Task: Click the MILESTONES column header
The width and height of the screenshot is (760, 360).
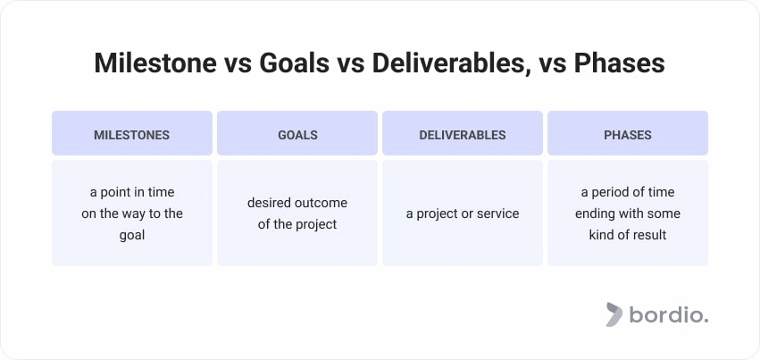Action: tap(131, 135)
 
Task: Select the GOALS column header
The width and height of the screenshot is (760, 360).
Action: tap(297, 135)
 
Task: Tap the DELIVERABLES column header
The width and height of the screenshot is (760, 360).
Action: tap(463, 135)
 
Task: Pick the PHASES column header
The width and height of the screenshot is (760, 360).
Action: tap(628, 135)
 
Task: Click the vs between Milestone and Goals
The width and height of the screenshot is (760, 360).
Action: tap(233, 65)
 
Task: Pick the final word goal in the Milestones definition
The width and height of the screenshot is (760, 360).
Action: tap(132, 235)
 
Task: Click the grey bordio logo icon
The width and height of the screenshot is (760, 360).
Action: tap(614, 314)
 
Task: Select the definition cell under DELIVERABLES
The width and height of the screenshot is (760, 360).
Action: tap(463, 213)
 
